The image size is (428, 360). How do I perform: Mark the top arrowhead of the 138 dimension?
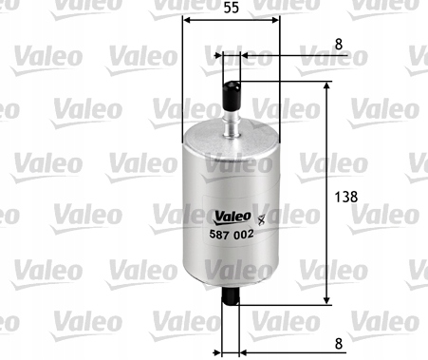328,86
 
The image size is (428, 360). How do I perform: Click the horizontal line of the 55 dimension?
231,19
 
